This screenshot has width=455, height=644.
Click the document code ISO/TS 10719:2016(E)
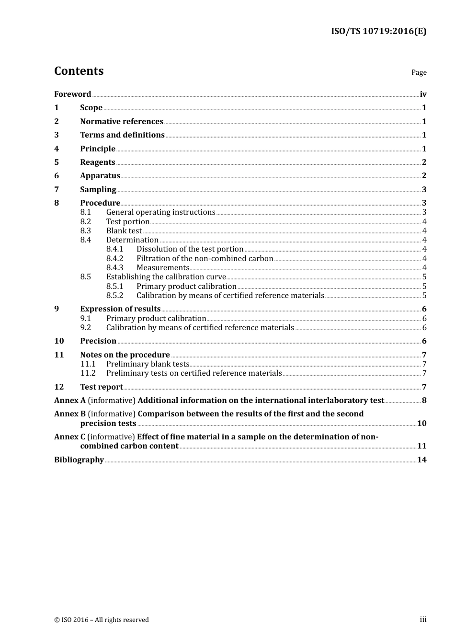(378, 32)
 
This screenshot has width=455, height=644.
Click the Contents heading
(79, 71)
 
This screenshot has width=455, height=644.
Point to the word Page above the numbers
(419, 72)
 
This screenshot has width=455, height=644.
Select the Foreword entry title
(72, 94)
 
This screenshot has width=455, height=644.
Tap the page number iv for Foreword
(423, 94)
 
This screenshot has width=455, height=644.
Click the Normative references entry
(122, 122)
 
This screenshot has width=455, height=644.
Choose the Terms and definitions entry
(122, 135)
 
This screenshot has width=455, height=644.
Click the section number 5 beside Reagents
(57, 162)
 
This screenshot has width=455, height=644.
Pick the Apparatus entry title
(100, 176)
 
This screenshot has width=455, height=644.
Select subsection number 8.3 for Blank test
(85, 231)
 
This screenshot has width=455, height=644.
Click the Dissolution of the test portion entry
(190, 249)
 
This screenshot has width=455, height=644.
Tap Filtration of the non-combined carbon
(205, 259)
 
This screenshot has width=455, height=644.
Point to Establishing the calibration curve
(166, 277)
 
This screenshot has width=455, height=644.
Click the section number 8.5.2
(114, 296)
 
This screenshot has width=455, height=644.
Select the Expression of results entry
(120, 309)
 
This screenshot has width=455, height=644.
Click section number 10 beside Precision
(59, 341)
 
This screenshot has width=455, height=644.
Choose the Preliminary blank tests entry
(148, 364)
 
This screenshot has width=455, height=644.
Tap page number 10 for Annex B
(421, 424)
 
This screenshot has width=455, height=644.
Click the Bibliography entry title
(79, 460)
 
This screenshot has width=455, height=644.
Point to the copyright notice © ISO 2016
(101, 620)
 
